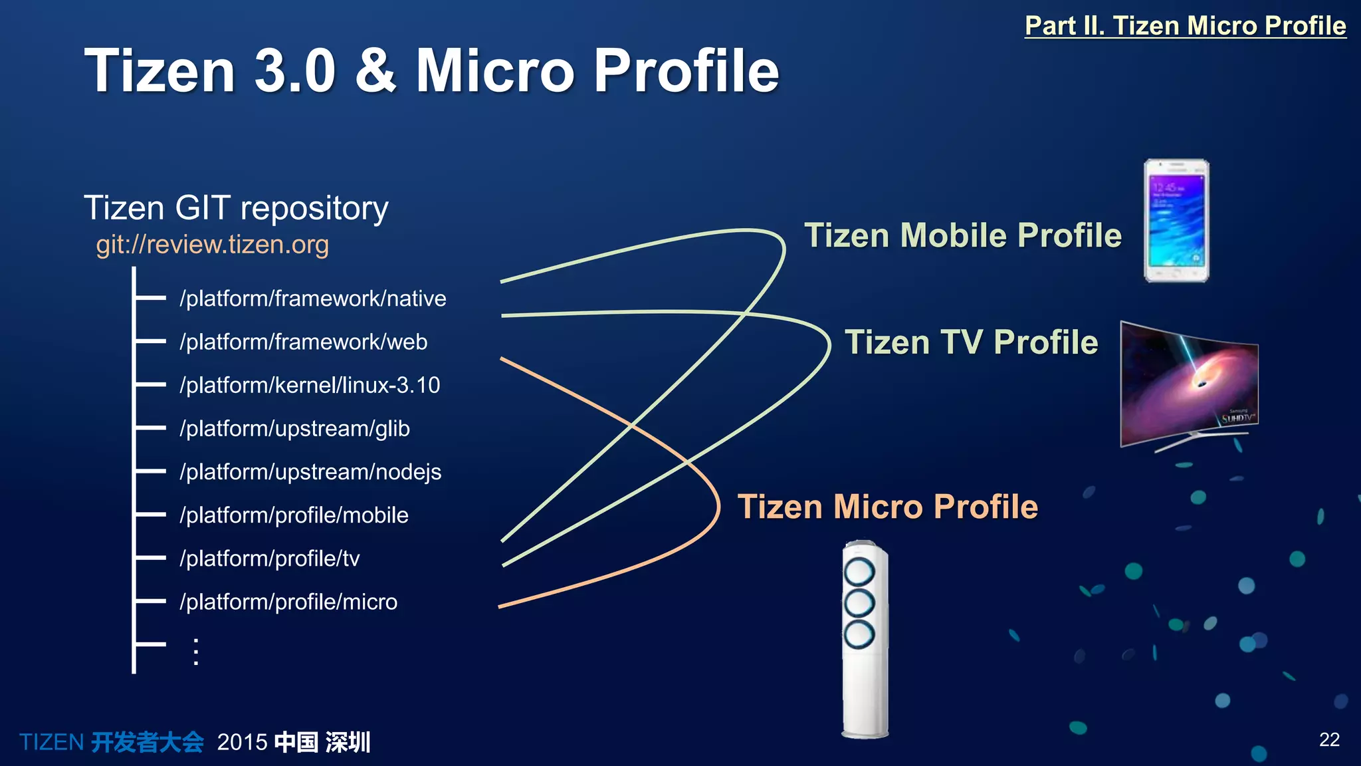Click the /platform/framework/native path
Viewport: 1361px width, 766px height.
tap(312, 299)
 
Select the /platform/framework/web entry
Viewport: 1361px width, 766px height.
tap(303, 342)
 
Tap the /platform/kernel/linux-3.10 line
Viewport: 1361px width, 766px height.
tap(310, 385)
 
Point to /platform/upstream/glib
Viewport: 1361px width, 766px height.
tap(294, 429)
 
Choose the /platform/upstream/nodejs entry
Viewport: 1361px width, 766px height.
tap(310, 472)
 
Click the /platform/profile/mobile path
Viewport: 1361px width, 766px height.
tap(294, 515)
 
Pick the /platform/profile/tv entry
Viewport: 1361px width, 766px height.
tap(269, 559)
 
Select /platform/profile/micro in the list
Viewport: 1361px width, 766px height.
tap(288, 602)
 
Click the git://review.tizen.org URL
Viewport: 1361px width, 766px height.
tap(212, 245)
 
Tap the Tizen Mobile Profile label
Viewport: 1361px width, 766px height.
tap(963, 235)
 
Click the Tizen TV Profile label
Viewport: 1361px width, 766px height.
tap(971, 342)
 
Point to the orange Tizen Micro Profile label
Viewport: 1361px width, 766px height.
tap(888, 507)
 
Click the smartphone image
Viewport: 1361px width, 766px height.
tap(1176, 221)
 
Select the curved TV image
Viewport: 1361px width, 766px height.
tap(1188, 384)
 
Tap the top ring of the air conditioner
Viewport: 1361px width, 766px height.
tap(859, 571)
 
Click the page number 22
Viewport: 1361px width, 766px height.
tap(1329, 739)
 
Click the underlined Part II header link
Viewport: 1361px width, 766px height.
tap(1185, 26)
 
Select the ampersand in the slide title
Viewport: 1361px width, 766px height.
tap(375, 70)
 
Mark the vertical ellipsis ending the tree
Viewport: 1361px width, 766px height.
tap(196, 652)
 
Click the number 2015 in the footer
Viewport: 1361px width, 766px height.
tap(242, 742)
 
